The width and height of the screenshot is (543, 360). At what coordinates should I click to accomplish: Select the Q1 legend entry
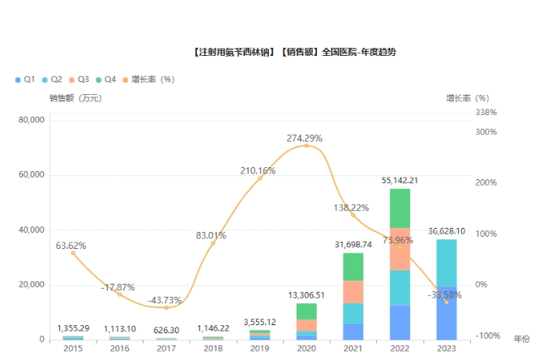pos(24,79)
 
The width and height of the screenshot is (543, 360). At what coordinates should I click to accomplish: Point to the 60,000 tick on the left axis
pos(32,175)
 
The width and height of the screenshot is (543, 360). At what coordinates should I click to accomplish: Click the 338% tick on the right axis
pos(485,113)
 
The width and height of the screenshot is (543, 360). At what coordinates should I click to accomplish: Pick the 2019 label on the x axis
pos(259,348)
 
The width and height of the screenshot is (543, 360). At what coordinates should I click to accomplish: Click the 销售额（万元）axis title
pos(75,98)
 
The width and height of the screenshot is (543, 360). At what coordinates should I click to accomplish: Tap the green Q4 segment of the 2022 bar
pos(399,208)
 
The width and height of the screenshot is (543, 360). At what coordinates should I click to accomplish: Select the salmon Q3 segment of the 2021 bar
pos(353,292)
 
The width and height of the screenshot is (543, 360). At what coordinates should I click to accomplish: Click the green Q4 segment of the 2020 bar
pos(306,311)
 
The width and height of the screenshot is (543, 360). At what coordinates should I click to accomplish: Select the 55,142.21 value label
pos(399,180)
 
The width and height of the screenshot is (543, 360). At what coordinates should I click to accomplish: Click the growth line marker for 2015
pos(73,253)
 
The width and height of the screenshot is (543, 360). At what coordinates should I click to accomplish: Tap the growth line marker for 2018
pos(213,243)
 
